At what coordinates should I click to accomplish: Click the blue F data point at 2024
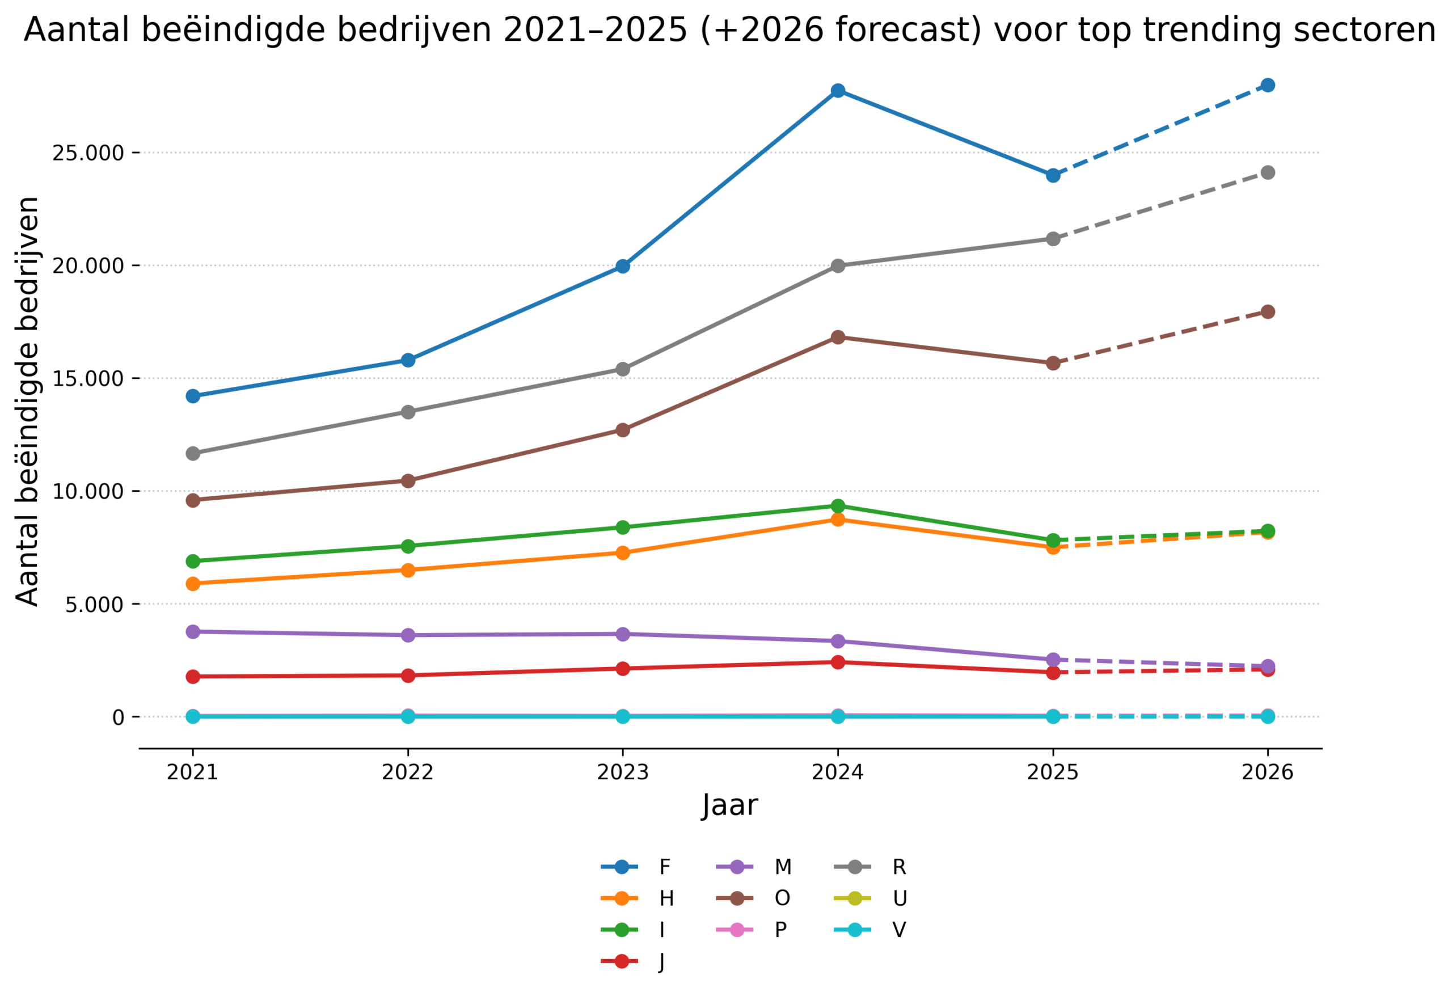(x=838, y=91)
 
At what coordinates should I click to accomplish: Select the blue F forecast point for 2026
(x=1268, y=85)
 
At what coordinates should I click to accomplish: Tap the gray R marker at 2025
(x=1053, y=239)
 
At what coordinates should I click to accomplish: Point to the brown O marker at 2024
(x=838, y=337)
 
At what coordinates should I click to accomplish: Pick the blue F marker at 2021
(x=193, y=396)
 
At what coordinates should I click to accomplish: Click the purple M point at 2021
(x=193, y=632)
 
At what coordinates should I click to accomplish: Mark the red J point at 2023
(x=623, y=669)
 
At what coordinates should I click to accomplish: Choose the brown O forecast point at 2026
(x=1268, y=312)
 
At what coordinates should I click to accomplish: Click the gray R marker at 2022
(x=408, y=412)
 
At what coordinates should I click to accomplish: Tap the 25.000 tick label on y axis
(x=88, y=153)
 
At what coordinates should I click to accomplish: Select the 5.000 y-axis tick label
(x=95, y=605)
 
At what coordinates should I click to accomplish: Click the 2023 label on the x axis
(x=623, y=773)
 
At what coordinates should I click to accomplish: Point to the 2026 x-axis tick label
(x=1268, y=773)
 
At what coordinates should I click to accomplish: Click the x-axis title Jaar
(x=730, y=805)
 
